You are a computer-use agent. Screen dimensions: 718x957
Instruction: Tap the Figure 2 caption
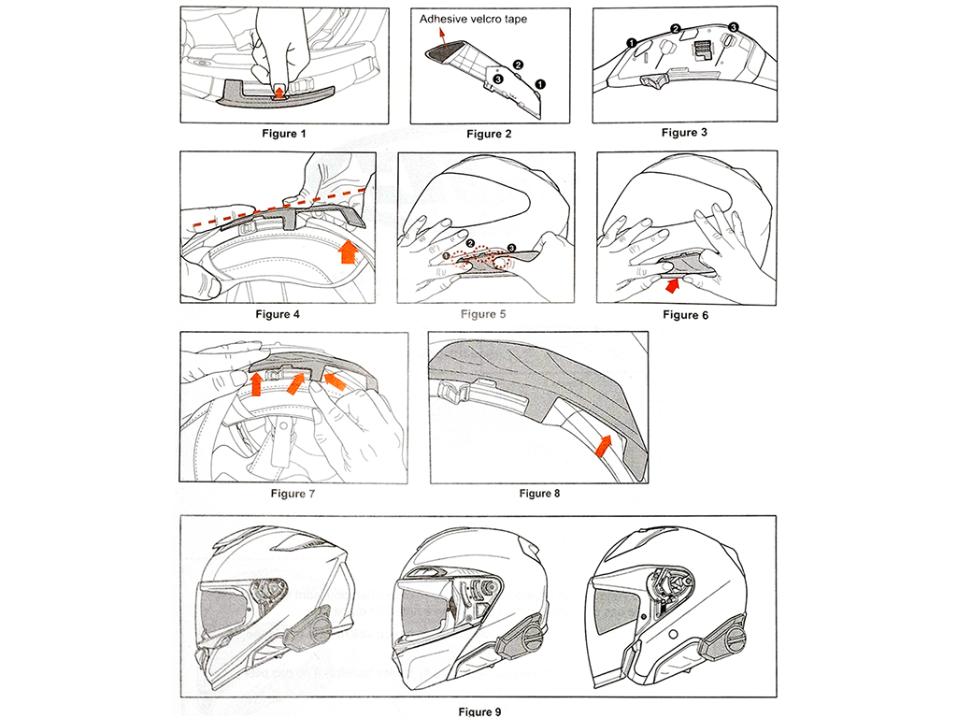(489, 134)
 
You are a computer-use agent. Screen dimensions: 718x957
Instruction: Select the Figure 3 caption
(684, 133)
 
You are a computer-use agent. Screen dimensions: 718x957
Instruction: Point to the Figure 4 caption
(278, 314)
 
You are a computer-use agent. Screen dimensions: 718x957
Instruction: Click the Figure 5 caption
(483, 314)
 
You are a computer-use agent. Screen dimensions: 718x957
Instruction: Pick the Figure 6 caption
(686, 315)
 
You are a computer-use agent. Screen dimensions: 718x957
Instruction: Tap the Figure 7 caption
(293, 494)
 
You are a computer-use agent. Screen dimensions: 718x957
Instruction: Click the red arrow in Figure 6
(671, 273)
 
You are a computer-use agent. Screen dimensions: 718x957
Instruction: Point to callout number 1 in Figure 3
(633, 43)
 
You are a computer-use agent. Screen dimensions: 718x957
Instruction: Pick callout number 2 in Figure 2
(519, 65)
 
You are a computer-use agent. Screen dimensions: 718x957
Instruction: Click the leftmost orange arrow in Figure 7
(253, 381)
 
